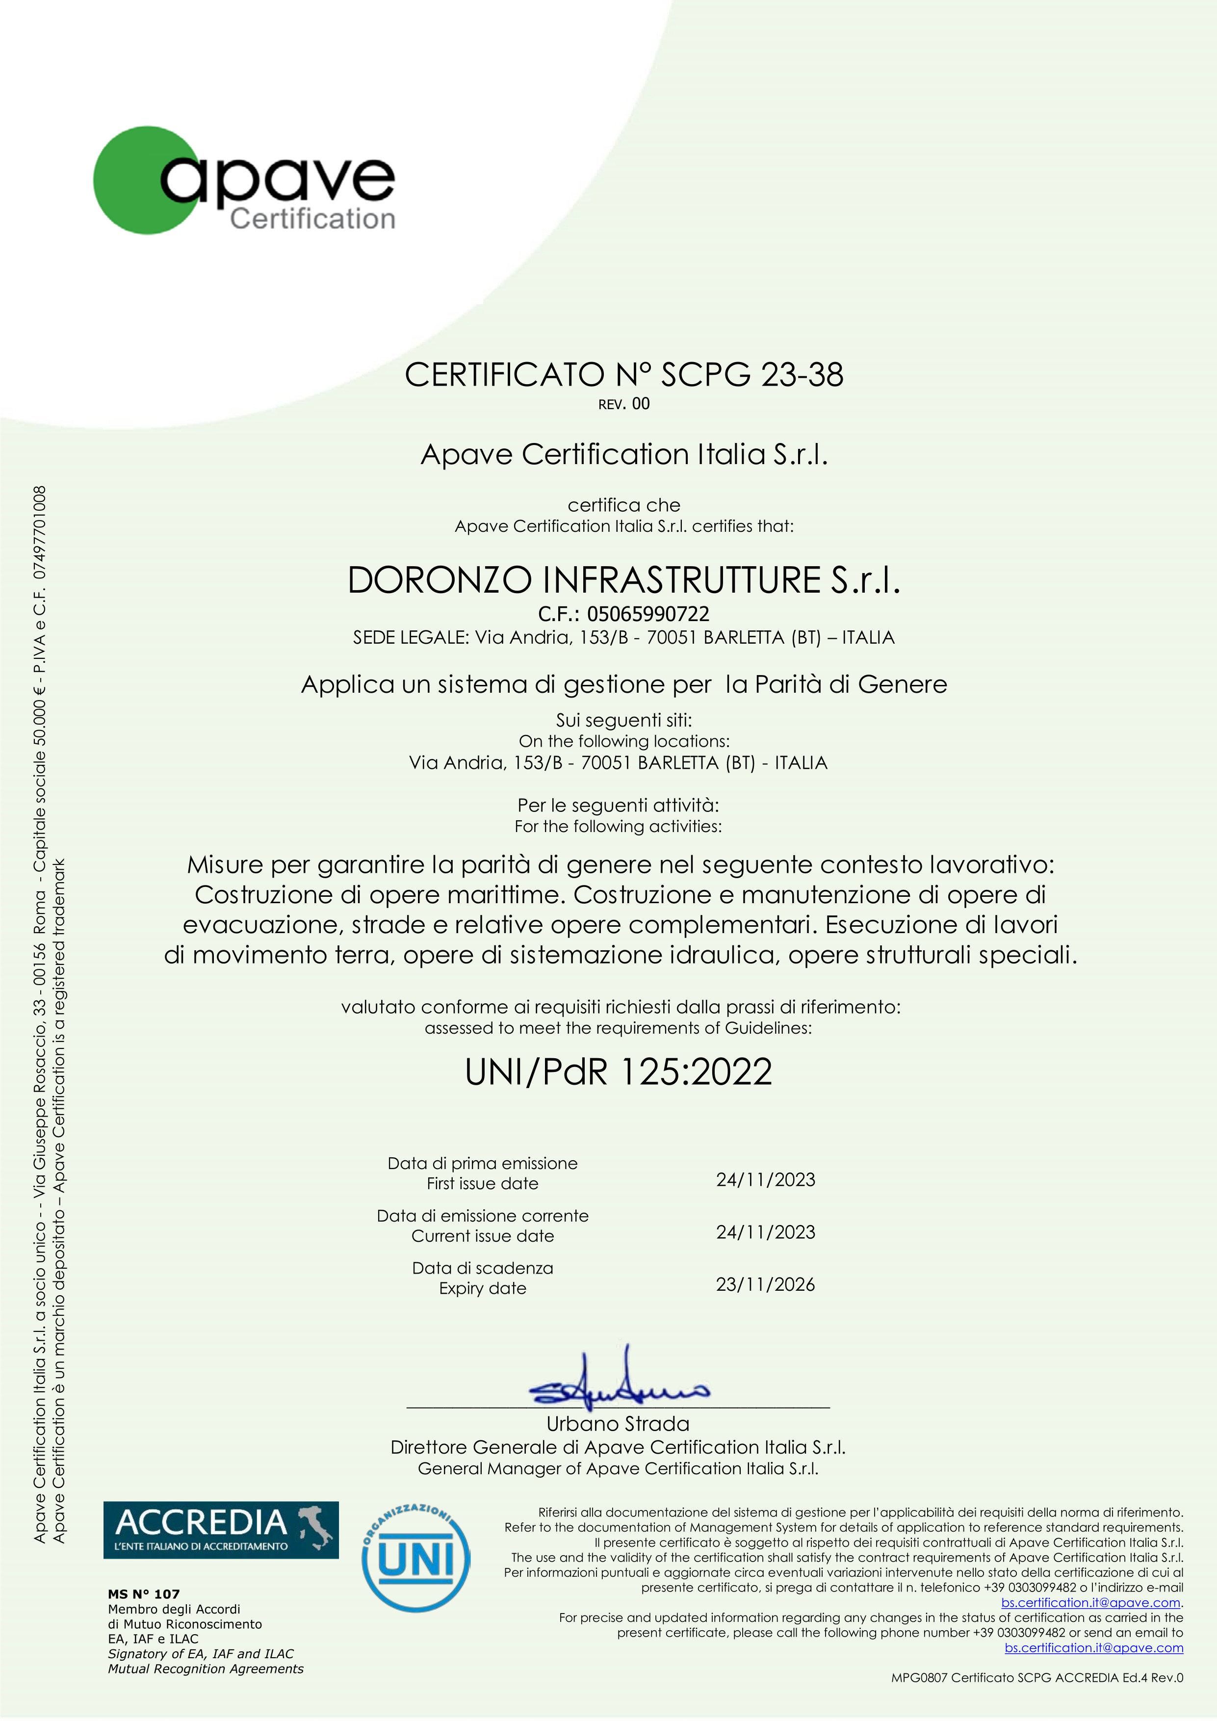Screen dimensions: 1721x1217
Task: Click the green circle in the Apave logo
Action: pos(131,180)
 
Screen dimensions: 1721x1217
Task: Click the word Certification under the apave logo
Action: pos(312,219)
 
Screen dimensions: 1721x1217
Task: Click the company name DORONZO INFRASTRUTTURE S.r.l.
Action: pos(623,580)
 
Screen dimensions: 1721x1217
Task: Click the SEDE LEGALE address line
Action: pos(623,638)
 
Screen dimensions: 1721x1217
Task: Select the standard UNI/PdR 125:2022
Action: pos(618,1072)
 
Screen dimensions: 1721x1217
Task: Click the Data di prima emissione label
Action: pos(483,1163)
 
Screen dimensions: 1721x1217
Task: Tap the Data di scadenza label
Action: pos(483,1268)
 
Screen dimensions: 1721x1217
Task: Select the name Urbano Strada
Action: pos(618,1424)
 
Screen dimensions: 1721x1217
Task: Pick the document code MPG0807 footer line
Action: pos(1036,1677)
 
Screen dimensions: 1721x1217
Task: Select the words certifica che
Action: pos(623,505)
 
